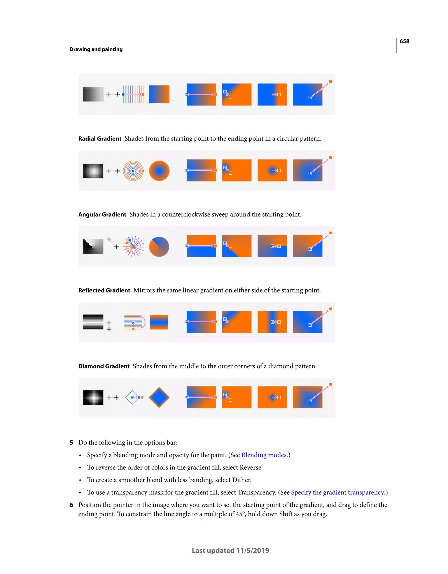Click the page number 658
point(404,41)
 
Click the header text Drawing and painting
point(96,50)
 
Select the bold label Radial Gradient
point(100,138)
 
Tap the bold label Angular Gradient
point(102,214)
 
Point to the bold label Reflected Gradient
point(104,291)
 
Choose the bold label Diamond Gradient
point(104,366)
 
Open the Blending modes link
point(264,455)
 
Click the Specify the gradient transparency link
point(338,493)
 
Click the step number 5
point(71,443)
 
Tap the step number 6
point(71,505)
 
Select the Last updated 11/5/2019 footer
point(230,551)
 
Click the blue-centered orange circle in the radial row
point(159,171)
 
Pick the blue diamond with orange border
point(159,397)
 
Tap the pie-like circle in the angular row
point(159,246)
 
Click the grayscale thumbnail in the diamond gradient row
point(93,397)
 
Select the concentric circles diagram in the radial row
point(133,171)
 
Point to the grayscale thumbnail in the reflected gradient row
point(93,322)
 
